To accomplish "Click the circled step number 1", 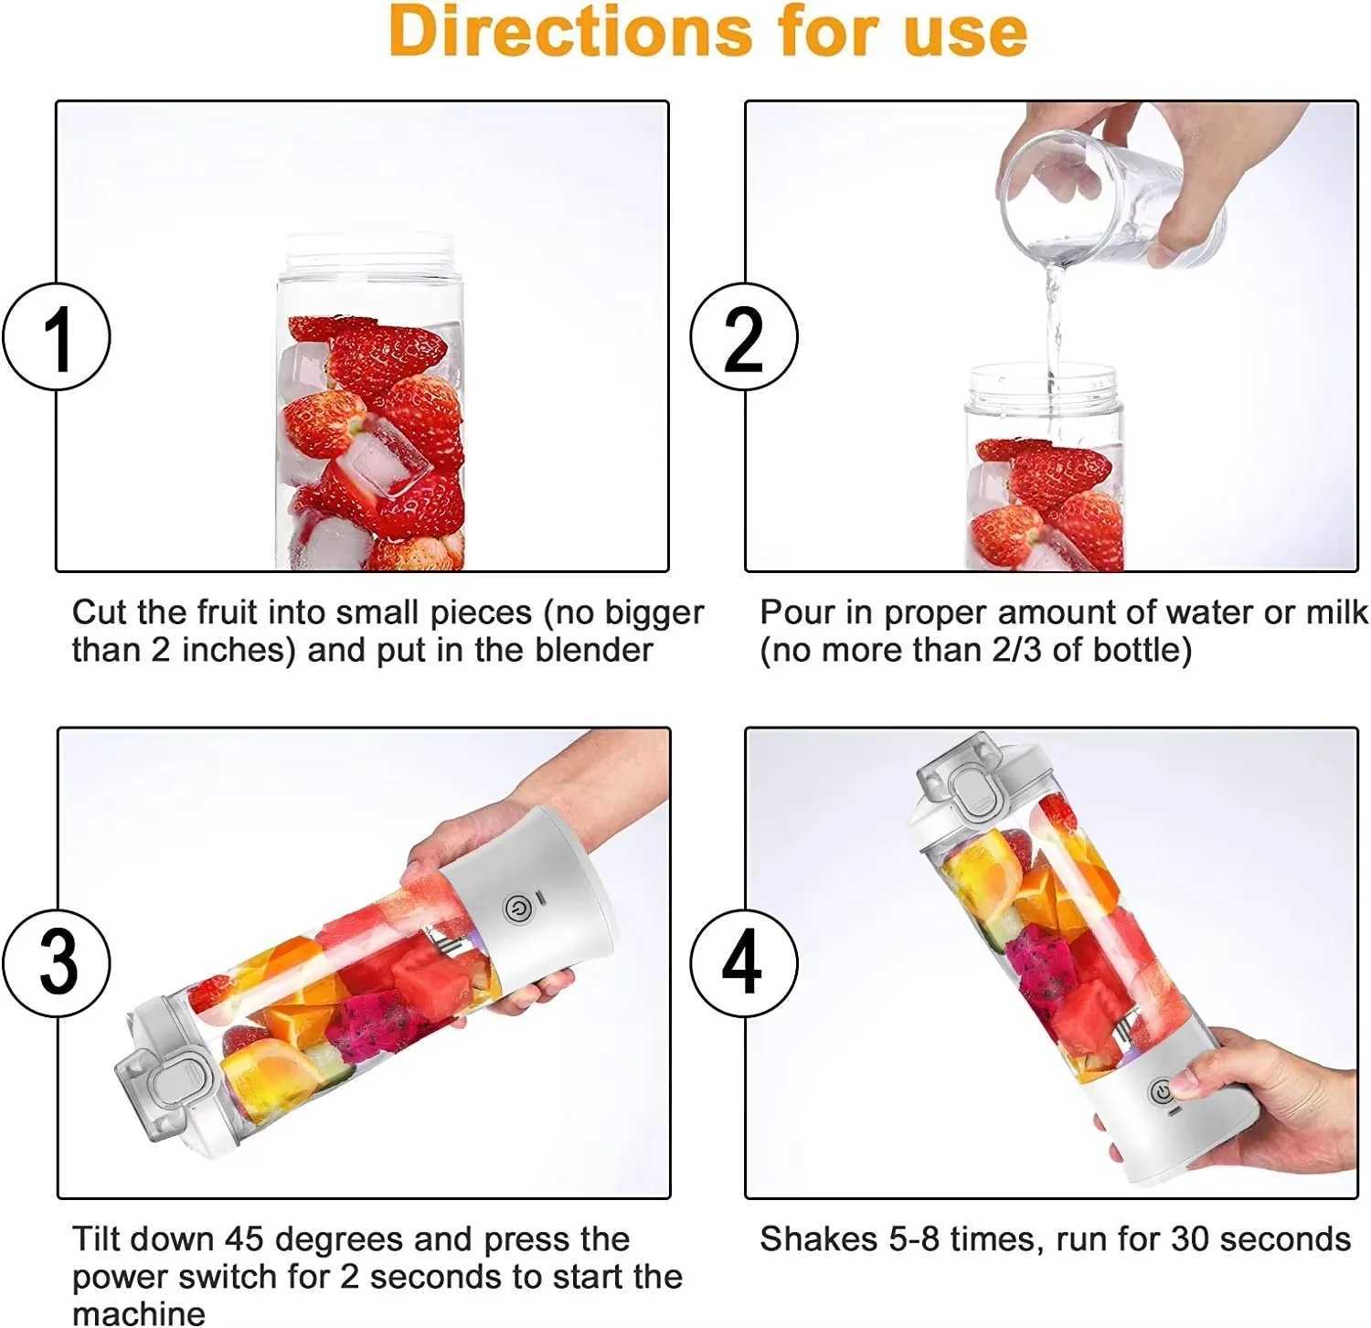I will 57,337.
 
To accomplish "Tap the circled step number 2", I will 743,337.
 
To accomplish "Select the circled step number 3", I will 57,962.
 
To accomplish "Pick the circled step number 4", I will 743,962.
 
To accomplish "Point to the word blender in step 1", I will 594,650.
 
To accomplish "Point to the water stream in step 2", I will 1054,320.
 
